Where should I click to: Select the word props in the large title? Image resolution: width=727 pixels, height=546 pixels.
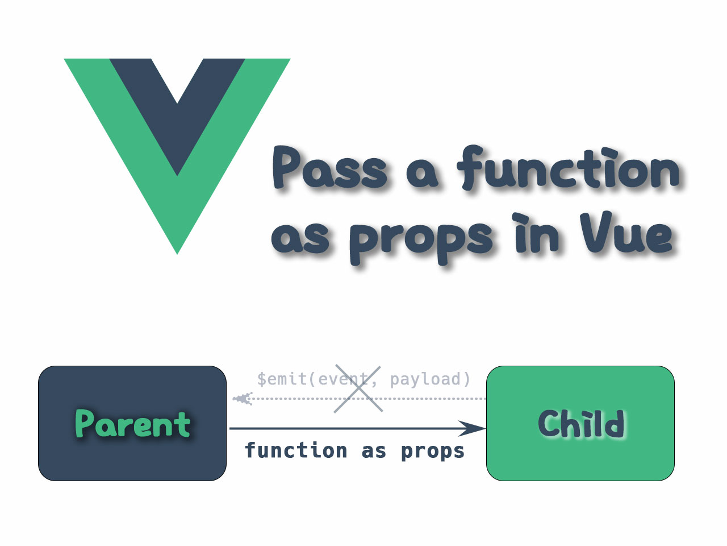[420, 239]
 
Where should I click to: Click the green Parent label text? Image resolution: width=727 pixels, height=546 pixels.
[132, 424]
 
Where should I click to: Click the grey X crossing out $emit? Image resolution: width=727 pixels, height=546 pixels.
[358, 389]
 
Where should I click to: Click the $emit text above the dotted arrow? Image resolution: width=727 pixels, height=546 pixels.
[282, 379]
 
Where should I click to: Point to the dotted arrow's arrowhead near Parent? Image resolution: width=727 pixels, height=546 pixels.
[242, 399]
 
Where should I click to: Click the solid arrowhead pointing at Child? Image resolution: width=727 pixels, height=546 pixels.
[474, 428]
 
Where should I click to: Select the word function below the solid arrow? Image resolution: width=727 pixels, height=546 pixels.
[296, 450]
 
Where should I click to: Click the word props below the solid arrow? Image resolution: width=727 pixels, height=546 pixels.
[433, 450]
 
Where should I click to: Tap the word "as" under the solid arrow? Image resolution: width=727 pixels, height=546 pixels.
[374, 450]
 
